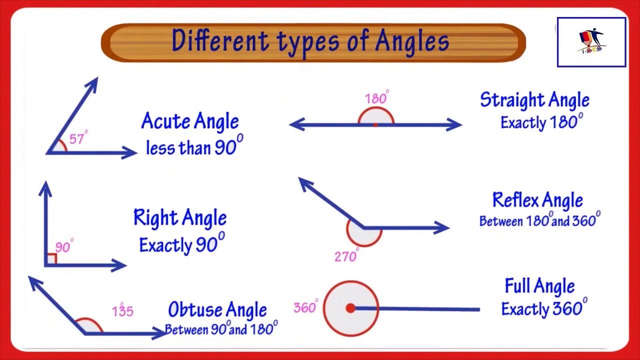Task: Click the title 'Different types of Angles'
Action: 310,41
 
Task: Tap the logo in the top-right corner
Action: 591,42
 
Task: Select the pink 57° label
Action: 78,138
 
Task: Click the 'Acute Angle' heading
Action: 190,121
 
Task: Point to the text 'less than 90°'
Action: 194,146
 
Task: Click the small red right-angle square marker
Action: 51,259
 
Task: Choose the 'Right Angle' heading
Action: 180,218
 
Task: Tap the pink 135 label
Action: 122,311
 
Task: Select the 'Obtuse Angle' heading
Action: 217,310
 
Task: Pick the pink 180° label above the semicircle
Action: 376,98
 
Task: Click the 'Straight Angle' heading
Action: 534,100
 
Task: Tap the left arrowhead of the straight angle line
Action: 296,124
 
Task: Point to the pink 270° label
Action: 346,256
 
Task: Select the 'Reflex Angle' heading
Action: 537,200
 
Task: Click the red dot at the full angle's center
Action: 350,308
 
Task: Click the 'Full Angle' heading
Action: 539,286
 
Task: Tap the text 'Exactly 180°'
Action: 541,122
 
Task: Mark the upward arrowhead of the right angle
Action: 45,188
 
